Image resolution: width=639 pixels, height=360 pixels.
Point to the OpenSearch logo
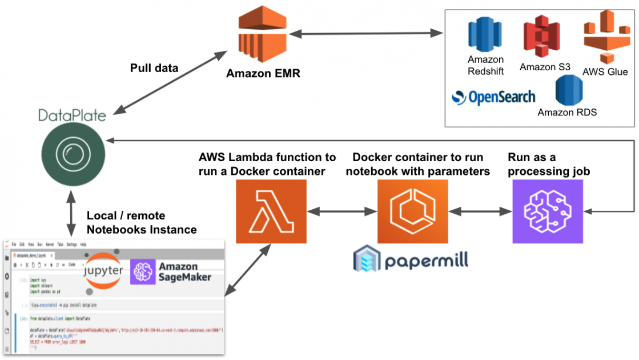493,98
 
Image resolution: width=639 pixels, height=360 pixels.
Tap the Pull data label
154,68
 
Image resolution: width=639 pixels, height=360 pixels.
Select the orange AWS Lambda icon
271,211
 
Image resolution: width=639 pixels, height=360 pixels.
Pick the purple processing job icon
548,211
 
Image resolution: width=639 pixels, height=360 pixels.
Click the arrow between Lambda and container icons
341,211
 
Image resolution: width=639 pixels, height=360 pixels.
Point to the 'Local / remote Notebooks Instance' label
141,223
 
